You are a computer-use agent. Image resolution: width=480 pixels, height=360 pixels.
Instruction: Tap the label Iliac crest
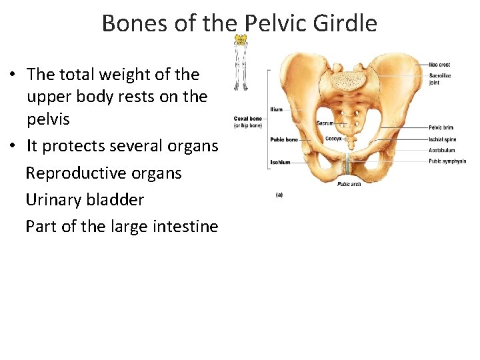coord(439,65)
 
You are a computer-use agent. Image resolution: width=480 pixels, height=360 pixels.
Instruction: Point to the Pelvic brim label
coord(441,127)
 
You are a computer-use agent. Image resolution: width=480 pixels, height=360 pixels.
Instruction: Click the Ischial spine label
coord(442,139)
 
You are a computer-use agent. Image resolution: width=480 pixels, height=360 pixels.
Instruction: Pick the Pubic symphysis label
coord(447,161)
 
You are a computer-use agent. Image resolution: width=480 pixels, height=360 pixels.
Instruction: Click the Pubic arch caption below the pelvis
coord(349,184)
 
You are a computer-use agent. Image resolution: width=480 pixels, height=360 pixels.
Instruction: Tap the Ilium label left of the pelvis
coord(276,109)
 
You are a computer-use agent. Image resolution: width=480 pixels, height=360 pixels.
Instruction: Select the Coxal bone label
coord(248,122)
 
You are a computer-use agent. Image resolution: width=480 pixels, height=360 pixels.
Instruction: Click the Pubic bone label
coord(283,140)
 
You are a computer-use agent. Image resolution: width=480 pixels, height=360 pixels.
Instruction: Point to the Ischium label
coord(280,162)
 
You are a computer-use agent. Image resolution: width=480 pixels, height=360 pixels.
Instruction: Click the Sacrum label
coord(325,123)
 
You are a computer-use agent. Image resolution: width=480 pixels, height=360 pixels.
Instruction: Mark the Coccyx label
coord(333,139)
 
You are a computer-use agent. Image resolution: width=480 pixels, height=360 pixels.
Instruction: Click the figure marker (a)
coord(279,195)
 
